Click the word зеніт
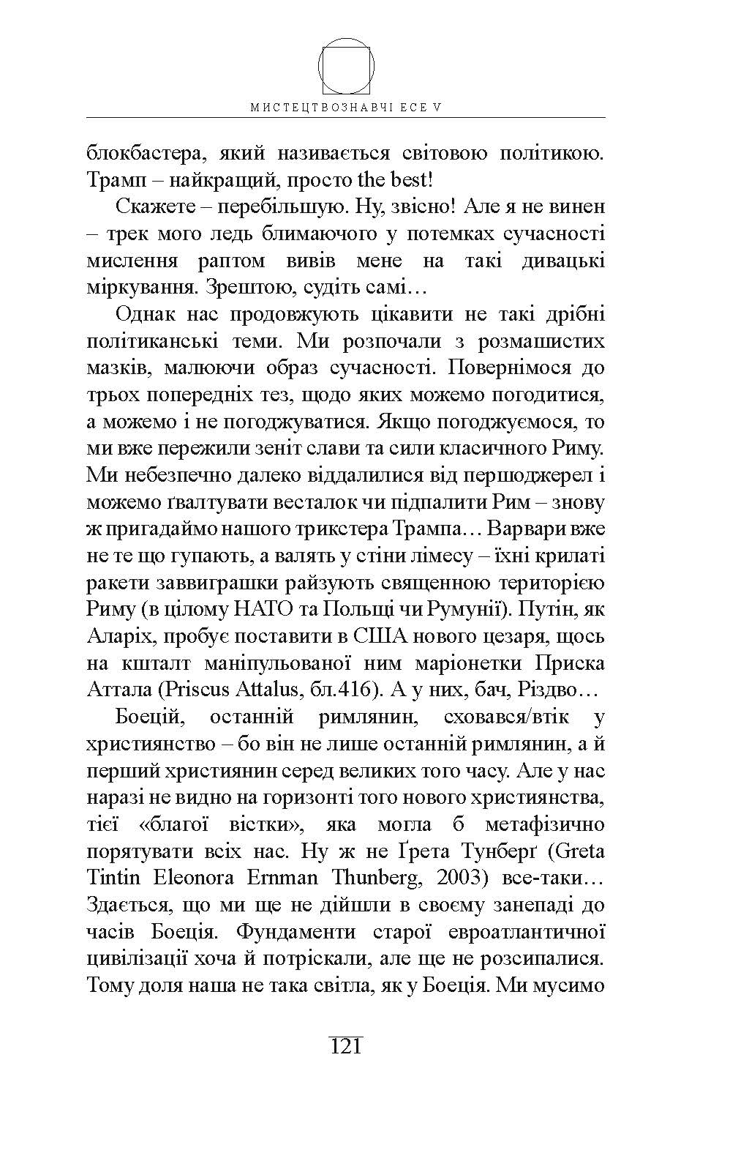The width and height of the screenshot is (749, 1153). (312, 448)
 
